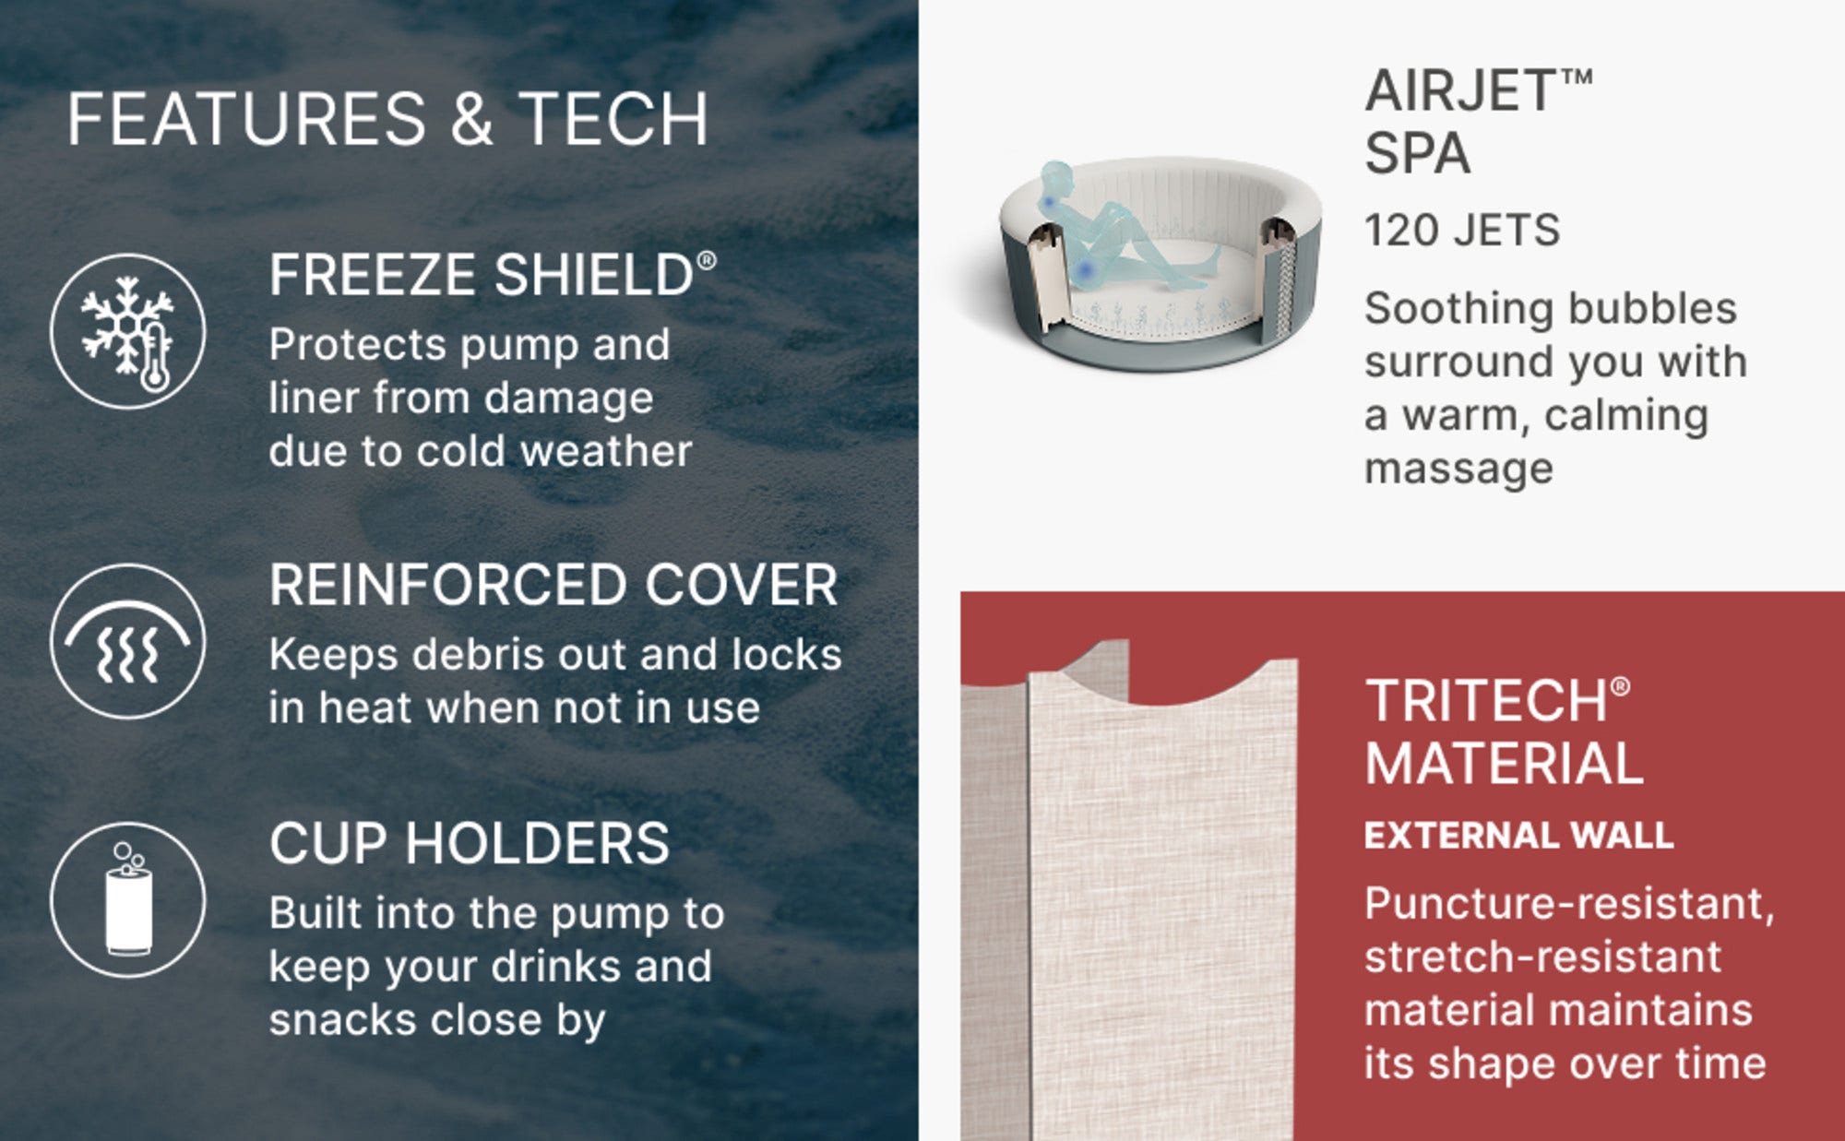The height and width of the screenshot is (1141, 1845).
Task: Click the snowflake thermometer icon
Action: tap(128, 331)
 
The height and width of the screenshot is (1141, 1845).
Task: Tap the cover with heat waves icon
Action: tap(128, 641)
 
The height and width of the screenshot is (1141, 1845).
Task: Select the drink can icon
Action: tap(128, 899)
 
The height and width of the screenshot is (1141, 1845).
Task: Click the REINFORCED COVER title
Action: tap(553, 585)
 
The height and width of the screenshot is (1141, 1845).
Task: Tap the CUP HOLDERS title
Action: tap(470, 843)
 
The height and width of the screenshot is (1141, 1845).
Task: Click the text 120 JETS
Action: tap(1462, 231)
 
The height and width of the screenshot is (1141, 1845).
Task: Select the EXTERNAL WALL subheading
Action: tap(1518, 836)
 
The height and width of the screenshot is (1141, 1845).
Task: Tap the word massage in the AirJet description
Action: tap(1458, 469)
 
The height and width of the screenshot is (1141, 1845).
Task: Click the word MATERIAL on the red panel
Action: tap(1504, 765)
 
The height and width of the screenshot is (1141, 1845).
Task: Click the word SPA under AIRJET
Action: tap(1417, 153)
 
